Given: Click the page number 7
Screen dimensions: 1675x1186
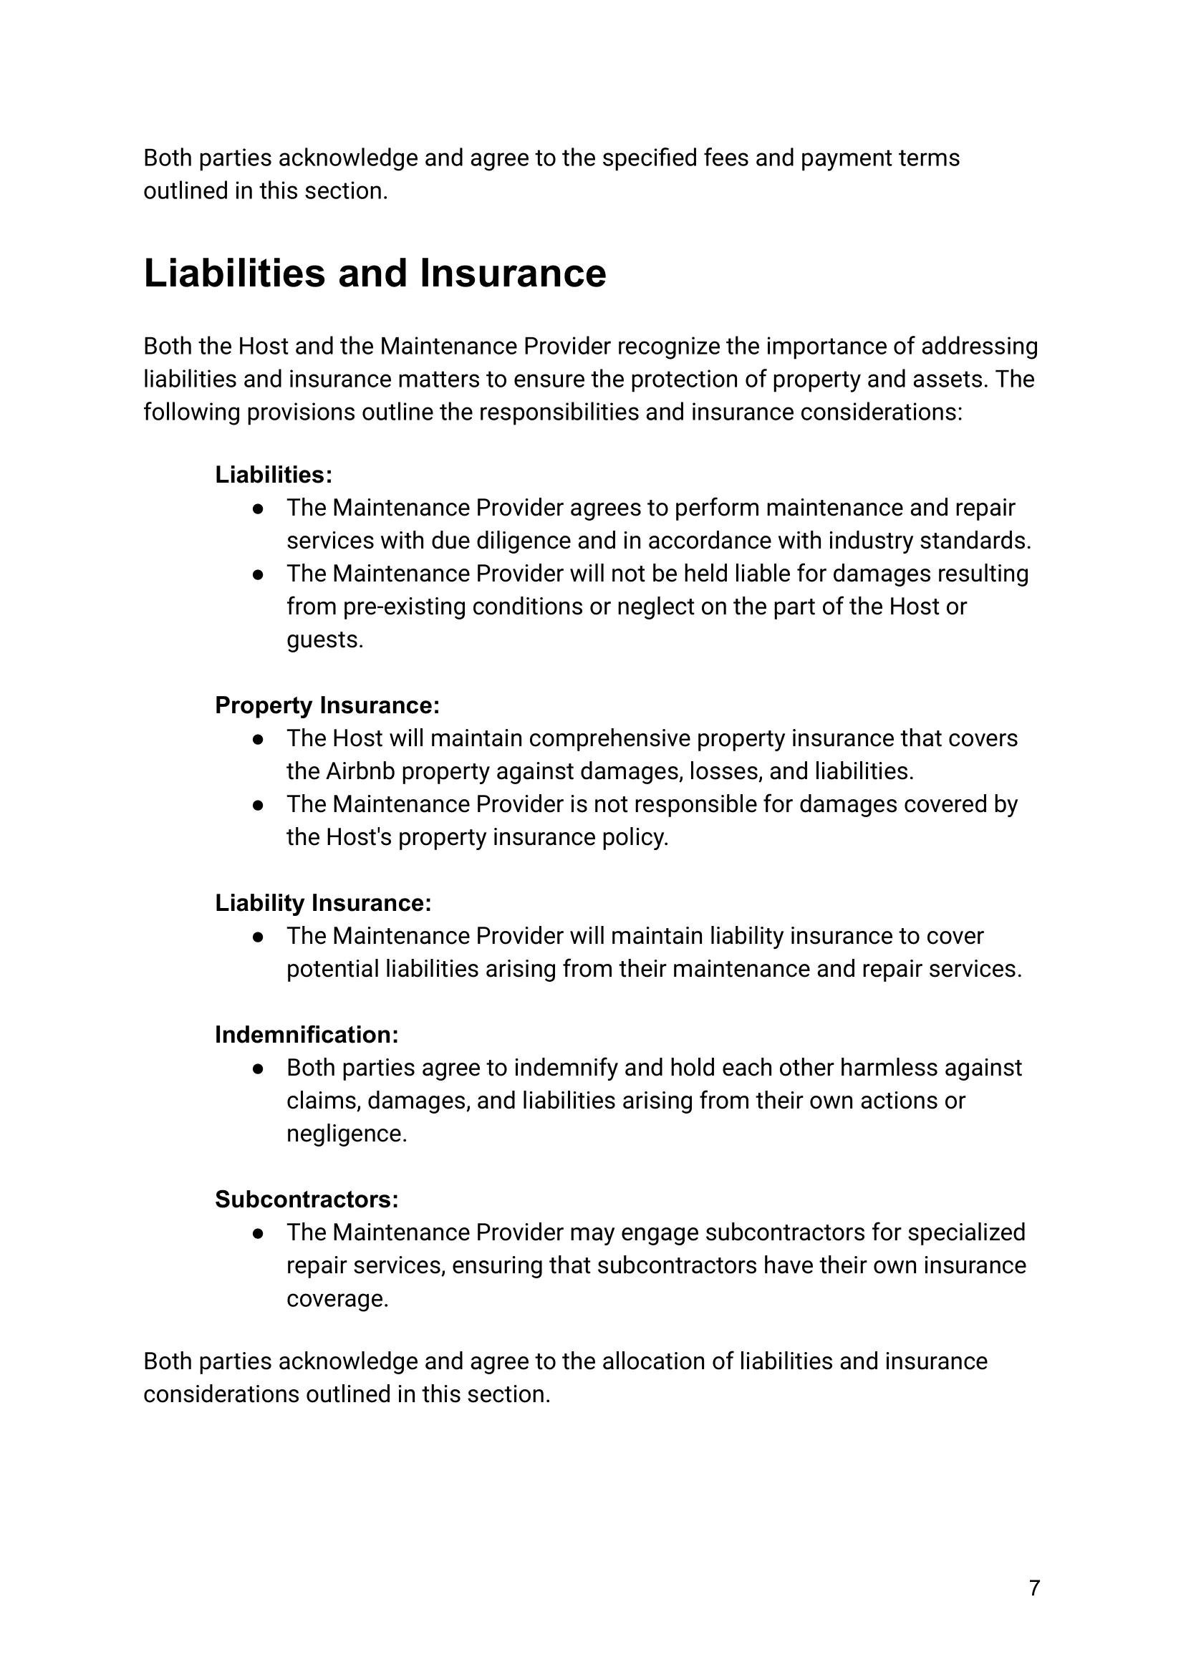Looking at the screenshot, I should pos(1034,1588).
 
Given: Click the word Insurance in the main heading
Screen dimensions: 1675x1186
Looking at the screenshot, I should pos(513,274).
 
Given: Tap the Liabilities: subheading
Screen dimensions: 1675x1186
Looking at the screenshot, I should pos(274,475).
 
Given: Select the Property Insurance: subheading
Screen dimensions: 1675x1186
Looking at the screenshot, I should pos(327,705).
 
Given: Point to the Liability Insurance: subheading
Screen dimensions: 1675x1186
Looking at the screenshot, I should pos(323,903).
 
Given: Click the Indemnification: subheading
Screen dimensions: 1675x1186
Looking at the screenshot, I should pos(307,1035).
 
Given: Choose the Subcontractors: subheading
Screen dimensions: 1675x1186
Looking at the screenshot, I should pos(307,1199).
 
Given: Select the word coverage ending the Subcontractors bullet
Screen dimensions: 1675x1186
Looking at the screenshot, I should pos(336,1299).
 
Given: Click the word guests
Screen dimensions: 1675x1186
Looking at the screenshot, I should pos(324,639).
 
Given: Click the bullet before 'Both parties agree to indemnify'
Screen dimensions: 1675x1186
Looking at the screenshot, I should pos(258,1068).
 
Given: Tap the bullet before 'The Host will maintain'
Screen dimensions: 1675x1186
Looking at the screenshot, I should pos(258,739).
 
